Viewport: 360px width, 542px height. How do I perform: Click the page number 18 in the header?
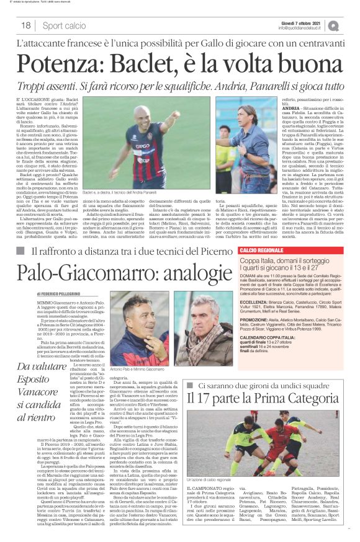(x=27, y=25)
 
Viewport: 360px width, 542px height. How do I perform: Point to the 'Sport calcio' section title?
(x=64, y=25)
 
